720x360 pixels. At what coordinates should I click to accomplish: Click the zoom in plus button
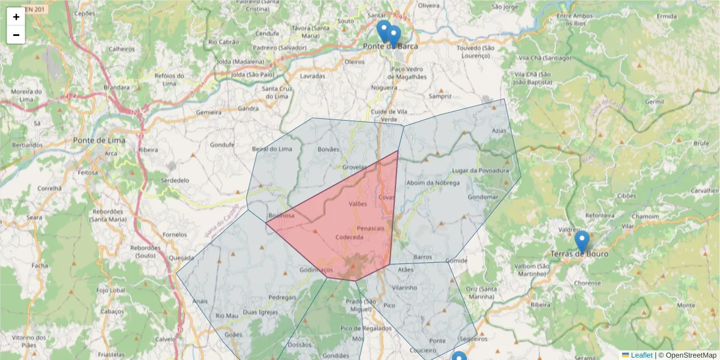[x=16, y=17]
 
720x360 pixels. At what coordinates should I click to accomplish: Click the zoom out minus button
[x=16, y=35]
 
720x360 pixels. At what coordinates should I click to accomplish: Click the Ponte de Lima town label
[x=99, y=140]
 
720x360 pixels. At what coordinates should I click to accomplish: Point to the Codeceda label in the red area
[x=349, y=237]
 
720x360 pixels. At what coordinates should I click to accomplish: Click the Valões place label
[x=357, y=204]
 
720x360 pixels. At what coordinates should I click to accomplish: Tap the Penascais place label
[x=370, y=229]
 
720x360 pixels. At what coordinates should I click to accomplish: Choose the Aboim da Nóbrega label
[x=433, y=183]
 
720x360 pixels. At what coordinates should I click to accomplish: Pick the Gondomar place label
[x=482, y=197]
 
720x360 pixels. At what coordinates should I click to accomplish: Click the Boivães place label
[x=328, y=149]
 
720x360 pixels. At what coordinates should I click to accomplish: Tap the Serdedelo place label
[x=175, y=180]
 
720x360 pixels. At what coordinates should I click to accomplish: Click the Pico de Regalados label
[x=366, y=328]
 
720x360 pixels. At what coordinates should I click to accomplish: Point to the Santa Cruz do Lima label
[x=276, y=92]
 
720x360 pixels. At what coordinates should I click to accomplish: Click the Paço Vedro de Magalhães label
[x=408, y=73]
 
